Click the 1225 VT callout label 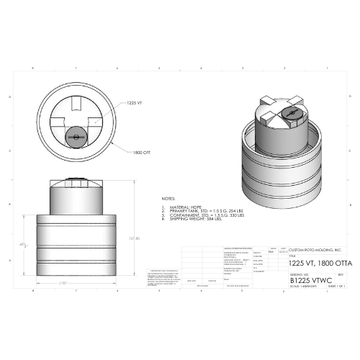pyautogui.click(x=136, y=103)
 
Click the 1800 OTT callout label pyautogui.click(x=141, y=152)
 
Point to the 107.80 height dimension pyautogui.click(x=133, y=238)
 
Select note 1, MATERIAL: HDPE pyautogui.click(x=181, y=207)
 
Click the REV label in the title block pyautogui.click(x=340, y=274)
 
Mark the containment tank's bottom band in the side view pyautogui.click(x=76, y=267)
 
